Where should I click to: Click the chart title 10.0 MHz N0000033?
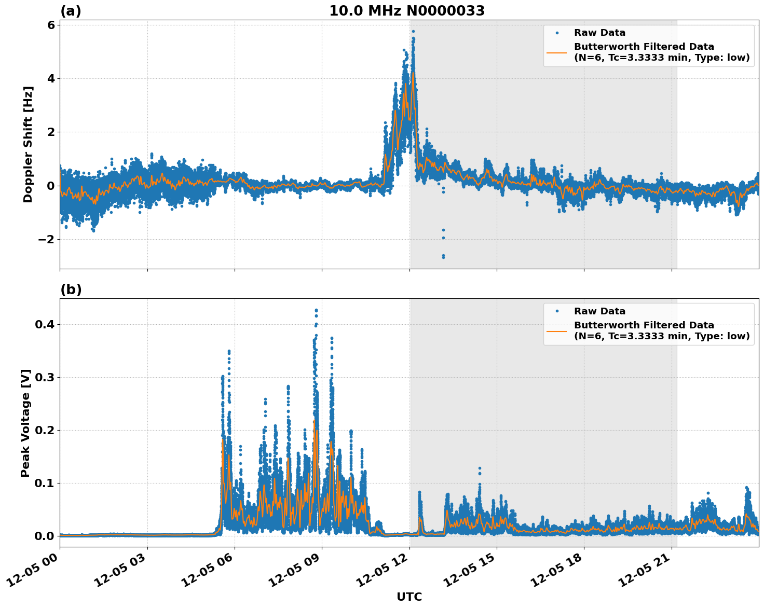coord(407,11)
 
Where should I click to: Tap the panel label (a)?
coord(71,11)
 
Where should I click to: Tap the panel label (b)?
coord(71,289)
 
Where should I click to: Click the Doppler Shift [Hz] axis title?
coord(28,144)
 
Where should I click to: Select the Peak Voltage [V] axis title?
coord(26,423)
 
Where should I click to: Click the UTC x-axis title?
coord(409,597)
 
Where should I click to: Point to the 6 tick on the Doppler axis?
coord(51,25)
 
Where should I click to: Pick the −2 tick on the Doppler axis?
coord(47,239)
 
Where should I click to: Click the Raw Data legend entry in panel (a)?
coord(599,33)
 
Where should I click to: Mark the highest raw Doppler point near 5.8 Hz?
coord(413,31)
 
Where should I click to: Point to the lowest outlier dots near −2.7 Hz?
coord(443,256)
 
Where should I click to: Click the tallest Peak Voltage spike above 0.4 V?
coord(316,310)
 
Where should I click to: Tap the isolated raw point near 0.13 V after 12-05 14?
coord(480,468)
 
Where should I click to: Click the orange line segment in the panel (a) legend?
coord(556,52)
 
